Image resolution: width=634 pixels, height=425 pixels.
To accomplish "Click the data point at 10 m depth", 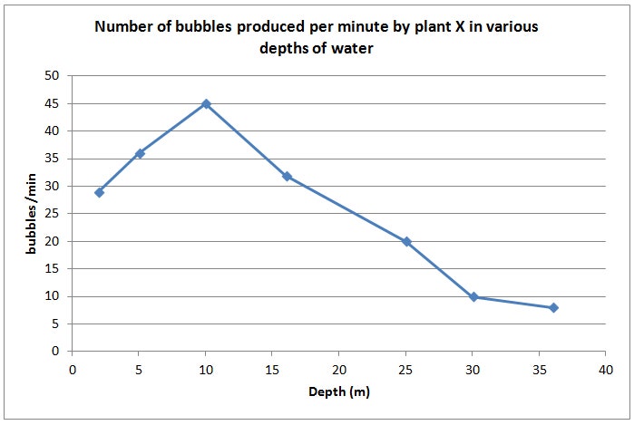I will click(x=206, y=104).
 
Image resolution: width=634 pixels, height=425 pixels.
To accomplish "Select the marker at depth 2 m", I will click(x=99, y=192).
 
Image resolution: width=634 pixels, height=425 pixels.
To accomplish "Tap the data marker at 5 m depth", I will click(x=140, y=153).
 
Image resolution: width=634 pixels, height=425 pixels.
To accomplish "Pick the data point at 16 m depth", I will click(x=287, y=177).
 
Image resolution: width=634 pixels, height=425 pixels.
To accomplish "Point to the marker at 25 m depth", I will click(x=406, y=242).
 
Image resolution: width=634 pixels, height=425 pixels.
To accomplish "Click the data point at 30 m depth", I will click(x=473, y=297).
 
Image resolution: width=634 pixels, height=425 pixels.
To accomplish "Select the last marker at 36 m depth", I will click(x=553, y=308).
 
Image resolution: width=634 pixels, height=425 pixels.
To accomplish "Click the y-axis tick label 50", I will click(x=54, y=75).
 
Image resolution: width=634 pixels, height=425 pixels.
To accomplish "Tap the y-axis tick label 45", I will click(x=54, y=103).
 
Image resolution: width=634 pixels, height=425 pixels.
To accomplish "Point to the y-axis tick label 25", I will click(x=54, y=214).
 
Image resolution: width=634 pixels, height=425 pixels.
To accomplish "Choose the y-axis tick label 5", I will click(x=56, y=324).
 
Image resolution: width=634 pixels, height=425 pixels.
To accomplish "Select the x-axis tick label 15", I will click(x=273, y=369).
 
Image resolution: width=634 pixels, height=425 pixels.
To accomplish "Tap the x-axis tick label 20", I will click(x=339, y=369).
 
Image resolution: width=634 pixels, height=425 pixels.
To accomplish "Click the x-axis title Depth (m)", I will click(x=339, y=392).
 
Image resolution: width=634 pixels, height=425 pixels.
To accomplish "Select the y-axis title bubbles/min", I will click(x=31, y=214).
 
